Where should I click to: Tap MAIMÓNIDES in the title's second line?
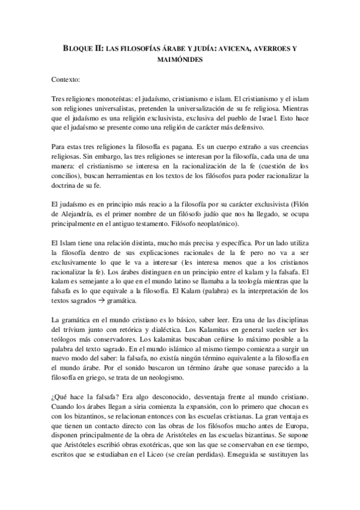[x=180, y=60]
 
